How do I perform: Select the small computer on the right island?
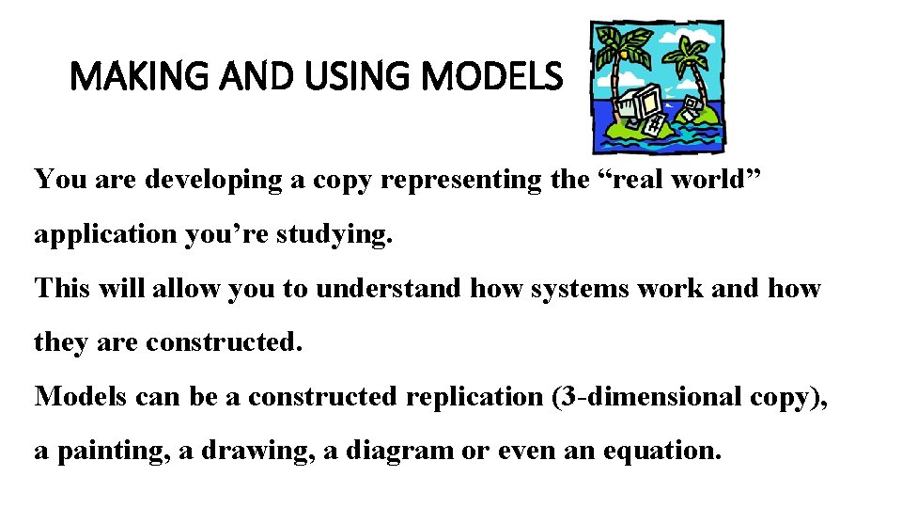tap(691, 105)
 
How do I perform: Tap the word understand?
tap(387, 288)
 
